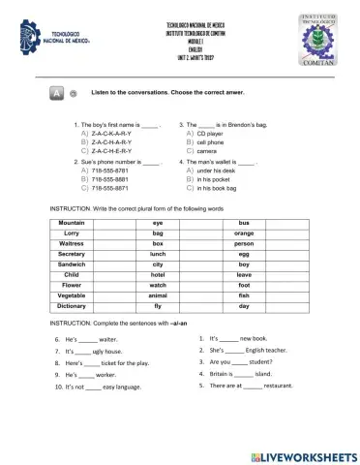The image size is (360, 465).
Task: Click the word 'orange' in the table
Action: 244,233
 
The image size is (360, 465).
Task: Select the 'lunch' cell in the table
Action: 158,254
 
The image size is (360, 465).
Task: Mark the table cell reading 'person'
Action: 244,244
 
